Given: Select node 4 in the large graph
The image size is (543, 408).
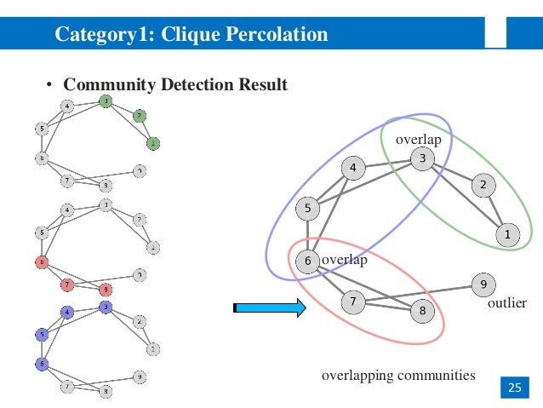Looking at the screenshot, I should point(353,168).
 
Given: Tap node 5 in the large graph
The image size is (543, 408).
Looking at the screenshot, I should point(308,207).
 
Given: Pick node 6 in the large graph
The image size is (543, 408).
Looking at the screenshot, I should point(308,261).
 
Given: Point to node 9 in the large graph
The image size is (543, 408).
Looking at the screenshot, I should point(483,284).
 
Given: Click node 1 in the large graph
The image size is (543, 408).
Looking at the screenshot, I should point(507,234).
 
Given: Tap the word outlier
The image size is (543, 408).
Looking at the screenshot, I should point(507,303).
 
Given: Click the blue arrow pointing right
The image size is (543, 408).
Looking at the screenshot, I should point(269,307).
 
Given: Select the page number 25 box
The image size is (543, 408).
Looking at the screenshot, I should point(513,388).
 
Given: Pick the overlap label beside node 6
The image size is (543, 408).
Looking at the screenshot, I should point(344,260).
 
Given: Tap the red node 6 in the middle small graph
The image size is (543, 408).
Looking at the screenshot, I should point(40,261).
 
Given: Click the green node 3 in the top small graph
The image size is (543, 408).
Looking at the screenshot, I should point(105,101).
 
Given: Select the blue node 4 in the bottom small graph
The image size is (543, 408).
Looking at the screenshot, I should point(67,313).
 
